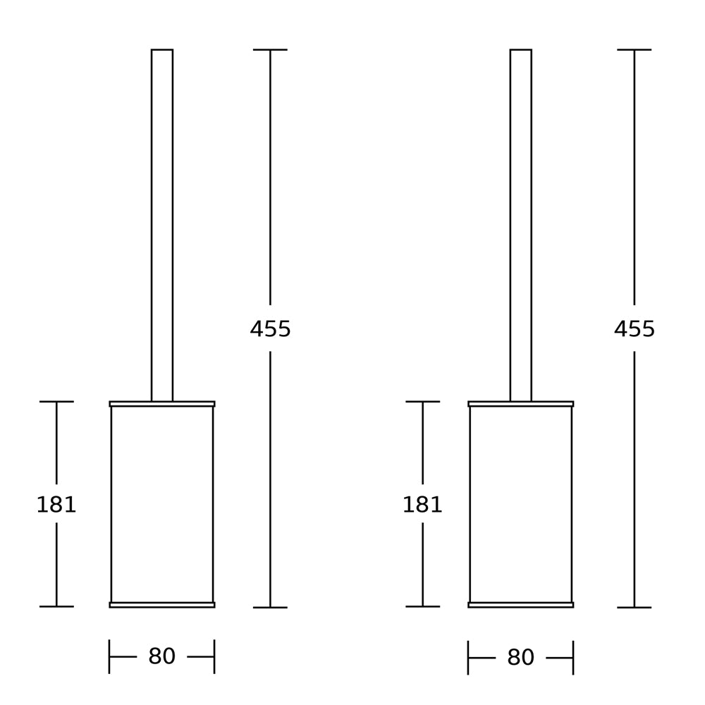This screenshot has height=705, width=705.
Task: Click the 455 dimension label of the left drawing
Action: pyautogui.click(x=270, y=329)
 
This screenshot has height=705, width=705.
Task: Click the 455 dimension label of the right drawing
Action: pyautogui.click(x=634, y=329)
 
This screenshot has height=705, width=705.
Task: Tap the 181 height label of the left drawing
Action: pyautogui.click(x=56, y=505)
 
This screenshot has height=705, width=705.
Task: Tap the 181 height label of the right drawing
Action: pyautogui.click(x=422, y=505)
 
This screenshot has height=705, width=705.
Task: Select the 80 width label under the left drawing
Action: pyautogui.click(x=162, y=656)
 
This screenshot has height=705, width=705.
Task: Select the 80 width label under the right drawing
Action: pyautogui.click(x=521, y=657)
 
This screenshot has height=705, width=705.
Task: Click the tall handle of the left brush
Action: pyautogui.click(x=162, y=226)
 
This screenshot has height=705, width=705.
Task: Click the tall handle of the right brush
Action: pyautogui.click(x=521, y=226)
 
